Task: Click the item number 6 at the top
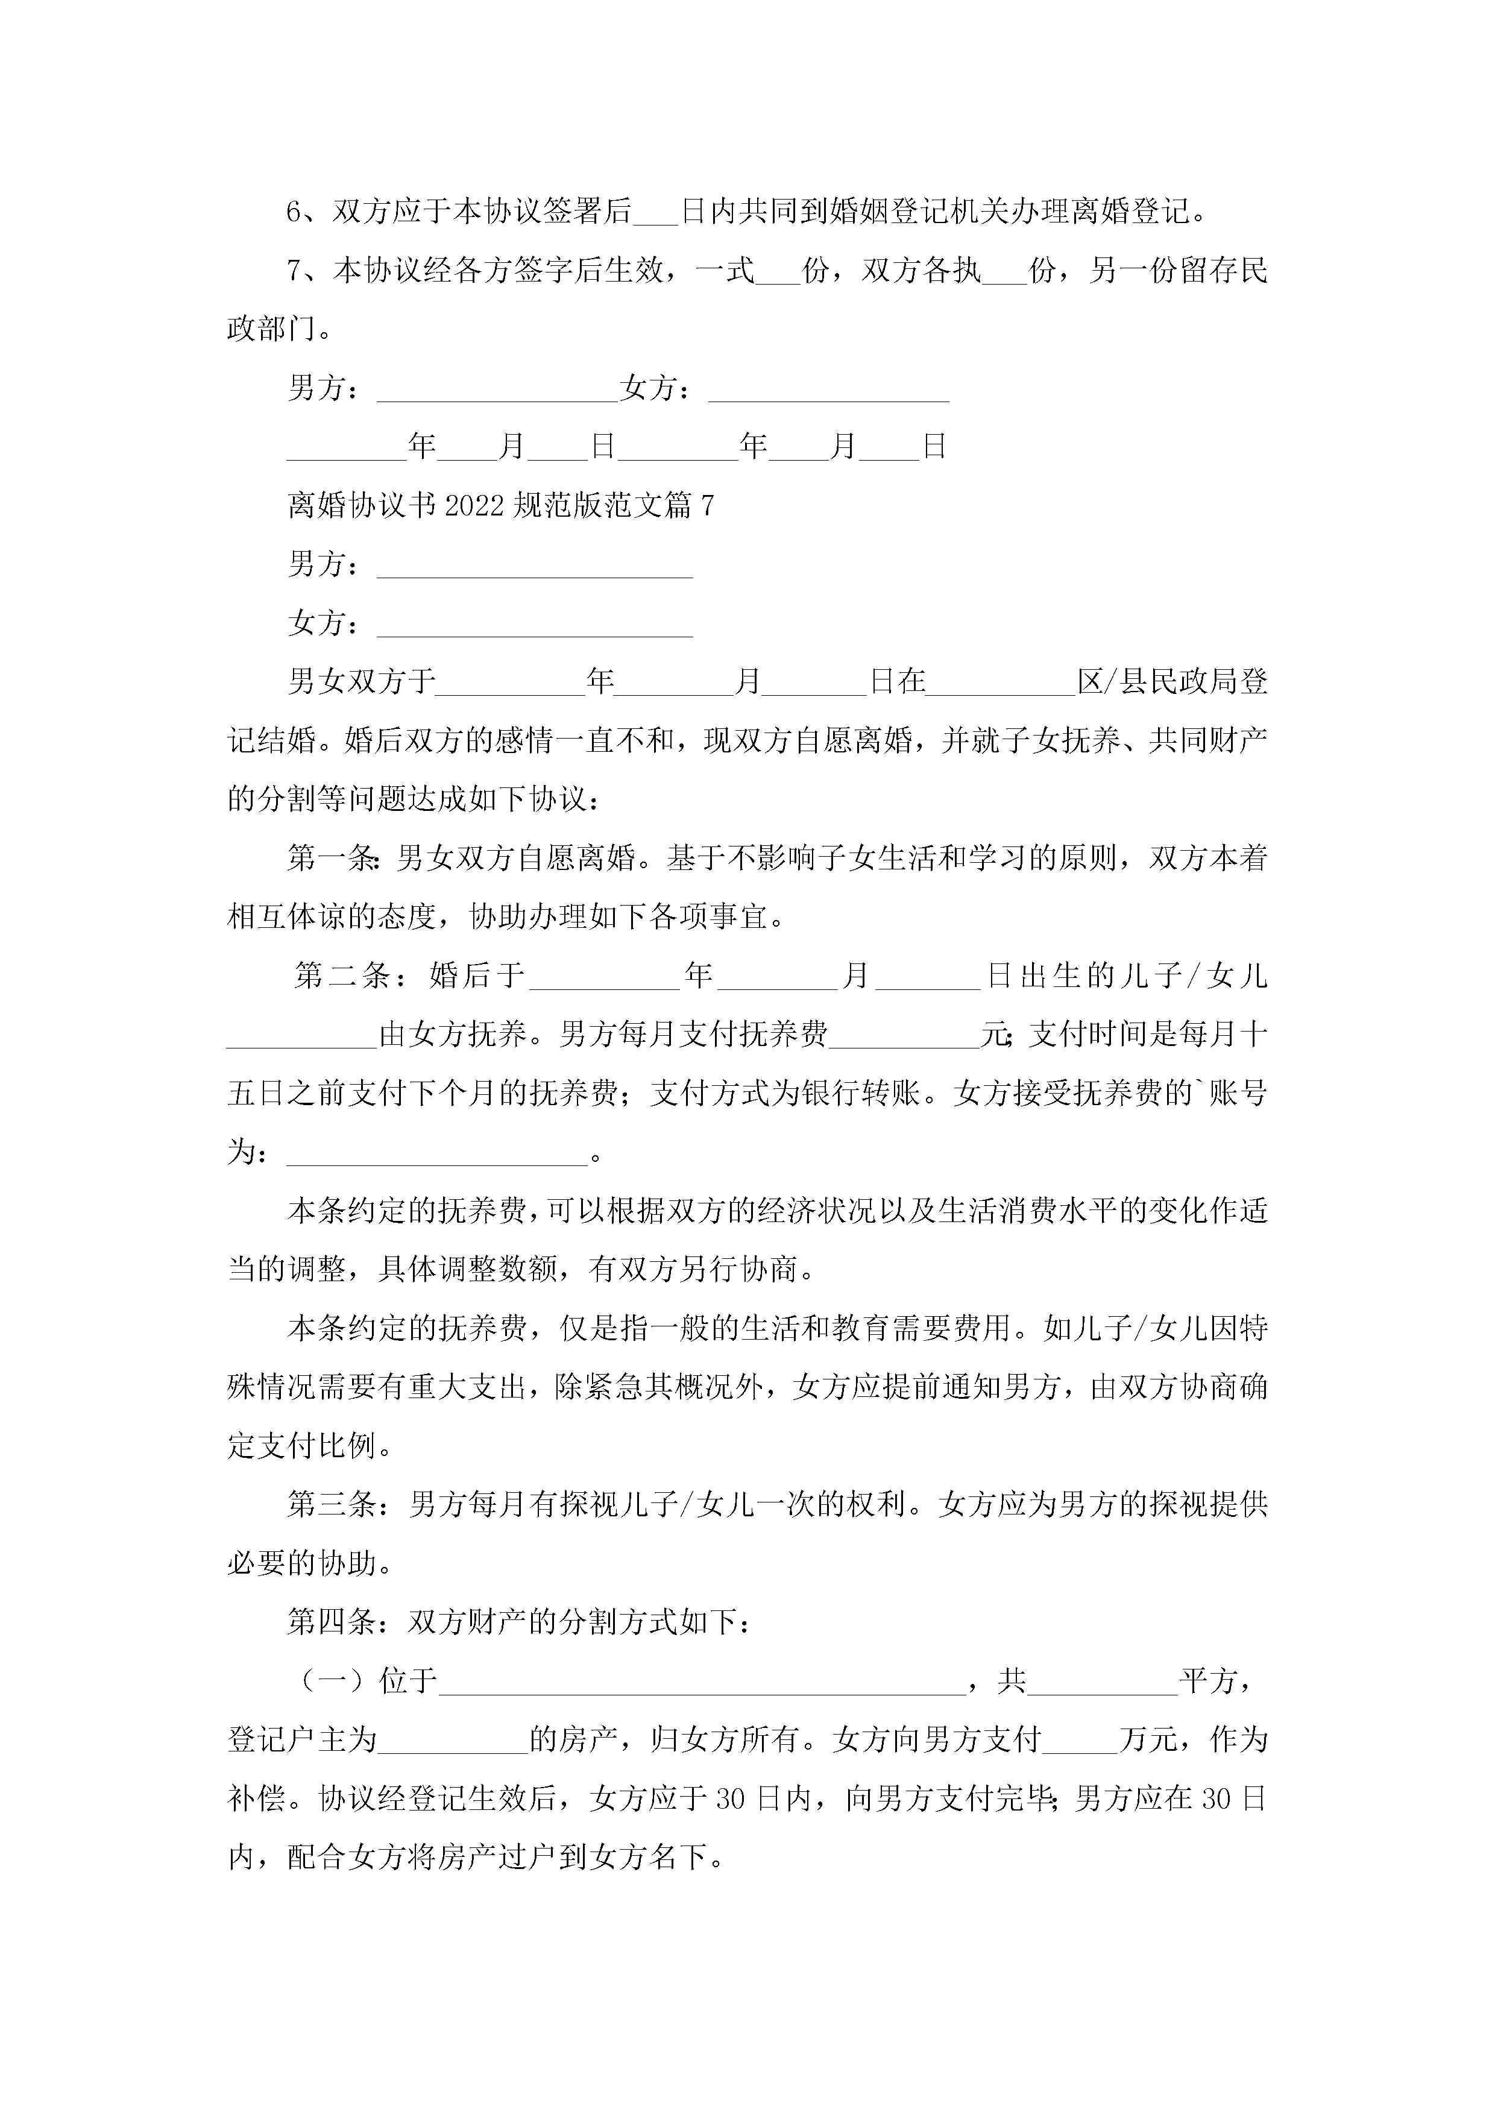coord(295,212)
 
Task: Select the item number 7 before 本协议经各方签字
coord(295,271)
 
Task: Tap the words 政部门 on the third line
coord(272,329)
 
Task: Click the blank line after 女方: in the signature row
coord(828,391)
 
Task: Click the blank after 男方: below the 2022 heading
coord(534,567)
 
